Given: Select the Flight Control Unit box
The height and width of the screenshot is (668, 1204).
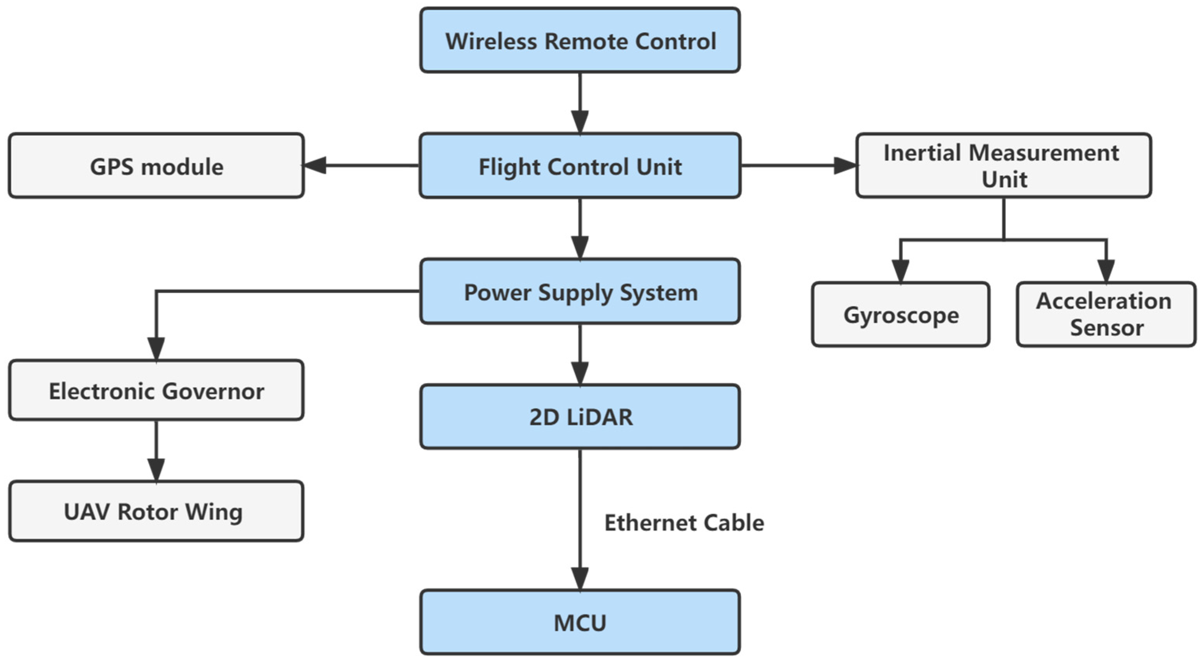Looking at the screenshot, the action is (579, 166).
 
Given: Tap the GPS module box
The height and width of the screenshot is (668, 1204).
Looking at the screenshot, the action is (156, 166).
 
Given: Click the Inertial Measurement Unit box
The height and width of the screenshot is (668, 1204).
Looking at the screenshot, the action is (1004, 166).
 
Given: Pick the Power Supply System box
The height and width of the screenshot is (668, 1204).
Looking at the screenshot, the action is (579, 292).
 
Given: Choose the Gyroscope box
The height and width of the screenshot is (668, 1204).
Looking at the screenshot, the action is (900, 315).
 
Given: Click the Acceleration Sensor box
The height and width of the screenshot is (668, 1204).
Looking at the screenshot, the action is (1106, 315).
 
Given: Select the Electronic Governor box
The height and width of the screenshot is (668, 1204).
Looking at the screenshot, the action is (156, 390).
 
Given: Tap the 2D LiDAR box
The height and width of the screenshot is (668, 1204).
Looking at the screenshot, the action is (579, 417).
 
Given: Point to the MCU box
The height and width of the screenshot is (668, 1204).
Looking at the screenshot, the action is (579, 622).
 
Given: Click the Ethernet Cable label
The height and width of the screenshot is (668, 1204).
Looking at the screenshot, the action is (684, 522).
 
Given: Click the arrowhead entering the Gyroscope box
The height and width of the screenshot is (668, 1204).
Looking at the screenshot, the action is (900, 271).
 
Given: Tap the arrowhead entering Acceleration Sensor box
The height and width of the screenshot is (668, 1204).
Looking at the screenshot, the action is (1106, 271).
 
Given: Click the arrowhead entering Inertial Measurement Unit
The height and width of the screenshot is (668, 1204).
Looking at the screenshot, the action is (845, 165).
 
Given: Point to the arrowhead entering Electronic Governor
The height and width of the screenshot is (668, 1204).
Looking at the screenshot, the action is (156, 348).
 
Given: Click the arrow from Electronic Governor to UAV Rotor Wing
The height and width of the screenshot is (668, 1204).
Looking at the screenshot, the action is (156, 450).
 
